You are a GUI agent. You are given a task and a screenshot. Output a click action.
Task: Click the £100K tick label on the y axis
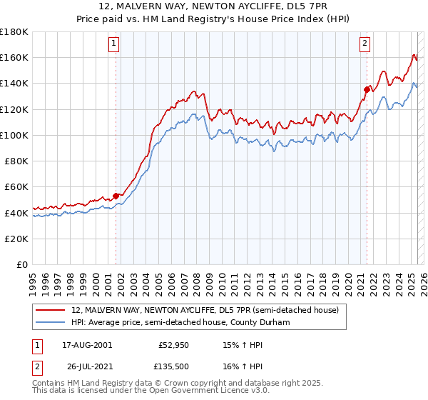14,135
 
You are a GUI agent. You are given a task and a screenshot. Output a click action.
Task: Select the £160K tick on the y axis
14,57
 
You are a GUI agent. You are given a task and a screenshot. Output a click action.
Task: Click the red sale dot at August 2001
116,196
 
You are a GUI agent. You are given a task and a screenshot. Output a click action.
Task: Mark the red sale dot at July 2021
367,89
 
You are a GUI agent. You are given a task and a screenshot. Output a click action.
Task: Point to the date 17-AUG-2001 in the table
87,345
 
